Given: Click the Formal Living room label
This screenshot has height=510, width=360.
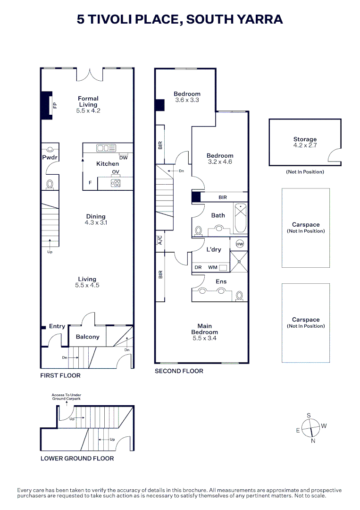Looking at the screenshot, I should click(x=88, y=102).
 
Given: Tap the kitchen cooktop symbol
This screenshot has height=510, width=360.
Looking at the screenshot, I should click(x=116, y=183).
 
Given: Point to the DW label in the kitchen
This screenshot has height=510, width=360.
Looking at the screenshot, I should click(x=123, y=158).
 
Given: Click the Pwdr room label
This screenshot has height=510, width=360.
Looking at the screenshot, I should click(x=50, y=158).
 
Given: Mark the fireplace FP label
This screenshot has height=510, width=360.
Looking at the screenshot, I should click(x=55, y=105).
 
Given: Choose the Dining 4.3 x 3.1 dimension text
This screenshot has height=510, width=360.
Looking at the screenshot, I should click(x=96, y=222).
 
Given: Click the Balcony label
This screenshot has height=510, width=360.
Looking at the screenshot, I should click(x=87, y=337).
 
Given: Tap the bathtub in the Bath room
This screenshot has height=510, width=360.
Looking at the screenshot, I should click(x=240, y=218).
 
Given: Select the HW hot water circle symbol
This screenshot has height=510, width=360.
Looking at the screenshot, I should click(x=240, y=244).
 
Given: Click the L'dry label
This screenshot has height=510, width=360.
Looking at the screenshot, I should click(x=214, y=249).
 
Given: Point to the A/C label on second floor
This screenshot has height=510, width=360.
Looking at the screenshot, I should click(x=160, y=240).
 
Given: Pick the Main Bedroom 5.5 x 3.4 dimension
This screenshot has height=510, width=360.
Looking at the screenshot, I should click(x=205, y=338).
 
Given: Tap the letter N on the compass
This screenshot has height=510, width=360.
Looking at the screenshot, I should click(x=312, y=441).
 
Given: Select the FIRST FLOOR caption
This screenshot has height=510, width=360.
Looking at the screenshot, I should click(x=60, y=375).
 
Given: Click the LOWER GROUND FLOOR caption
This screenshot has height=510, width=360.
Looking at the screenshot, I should click(x=77, y=458).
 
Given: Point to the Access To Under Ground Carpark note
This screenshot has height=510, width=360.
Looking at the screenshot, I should click(x=67, y=397).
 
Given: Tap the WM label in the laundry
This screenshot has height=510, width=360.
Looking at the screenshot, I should click(x=213, y=267).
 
